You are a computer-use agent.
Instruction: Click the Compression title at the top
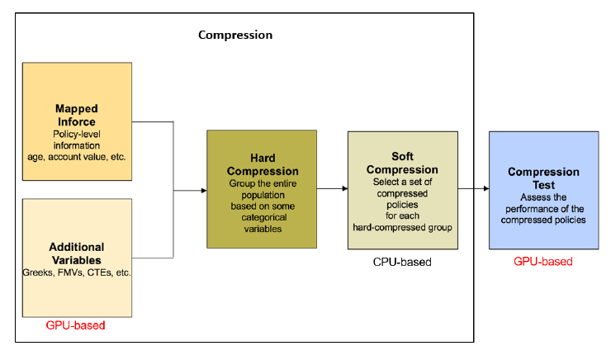[x=235, y=36]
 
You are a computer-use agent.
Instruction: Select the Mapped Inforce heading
[x=78, y=115]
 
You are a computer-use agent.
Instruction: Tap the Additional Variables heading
[x=77, y=253]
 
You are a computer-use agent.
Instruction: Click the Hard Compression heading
[x=262, y=164]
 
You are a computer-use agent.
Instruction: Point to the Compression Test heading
[x=542, y=178]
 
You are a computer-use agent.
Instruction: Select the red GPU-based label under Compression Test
[x=543, y=262]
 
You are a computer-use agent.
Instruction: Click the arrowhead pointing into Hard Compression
[x=202, y=190]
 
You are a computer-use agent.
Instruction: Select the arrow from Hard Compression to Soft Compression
[x=332, y=189]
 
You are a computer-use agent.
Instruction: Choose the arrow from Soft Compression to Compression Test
[x=472, y=189]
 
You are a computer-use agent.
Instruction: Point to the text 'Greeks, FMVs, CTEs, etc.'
[x=78, y=272]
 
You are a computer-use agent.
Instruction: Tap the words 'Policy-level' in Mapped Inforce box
[x=78, y=134]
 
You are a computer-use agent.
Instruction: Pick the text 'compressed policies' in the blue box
[x=542, y=220]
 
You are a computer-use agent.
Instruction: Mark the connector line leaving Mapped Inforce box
[x=153, y=122]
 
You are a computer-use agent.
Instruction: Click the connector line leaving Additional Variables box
[x=153, y=257]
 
